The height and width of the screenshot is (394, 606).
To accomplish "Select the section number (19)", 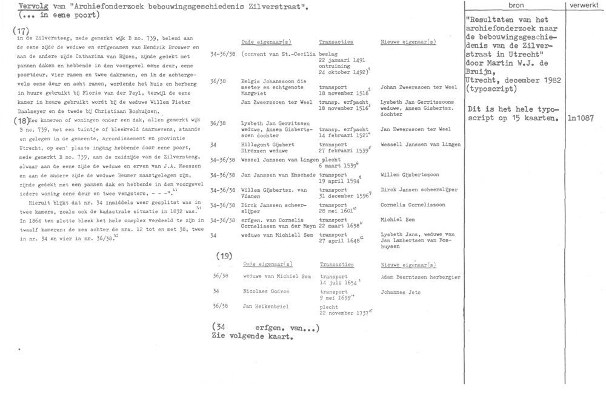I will tap(224, 256).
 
